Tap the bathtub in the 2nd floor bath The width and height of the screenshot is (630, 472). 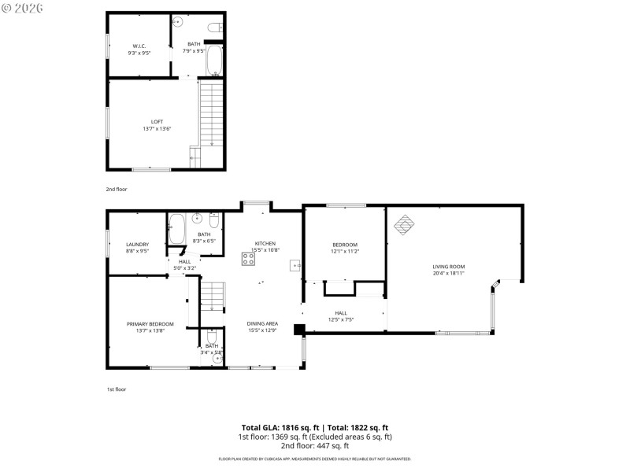click(215, 61)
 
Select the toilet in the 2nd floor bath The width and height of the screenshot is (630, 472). click(213, 28)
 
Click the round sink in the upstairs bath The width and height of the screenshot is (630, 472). click(179, 21)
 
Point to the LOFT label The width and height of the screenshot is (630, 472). click(157, 121)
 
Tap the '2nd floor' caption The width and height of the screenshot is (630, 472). click(117, 190)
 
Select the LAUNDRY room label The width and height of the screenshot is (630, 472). click(138, 244)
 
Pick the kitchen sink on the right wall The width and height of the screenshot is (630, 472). click(295, 266)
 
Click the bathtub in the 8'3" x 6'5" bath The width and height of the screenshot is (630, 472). click(177, 229)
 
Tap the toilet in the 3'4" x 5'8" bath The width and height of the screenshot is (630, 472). click(212, 337)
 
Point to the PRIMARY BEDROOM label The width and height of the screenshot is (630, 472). click(150, 324)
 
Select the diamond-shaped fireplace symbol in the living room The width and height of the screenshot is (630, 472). click(403, 224)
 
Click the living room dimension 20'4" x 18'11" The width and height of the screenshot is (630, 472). click(448, 274)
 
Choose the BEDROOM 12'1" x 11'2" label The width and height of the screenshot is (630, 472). click(345, 245)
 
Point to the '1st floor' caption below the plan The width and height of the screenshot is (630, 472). click(117, 389)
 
